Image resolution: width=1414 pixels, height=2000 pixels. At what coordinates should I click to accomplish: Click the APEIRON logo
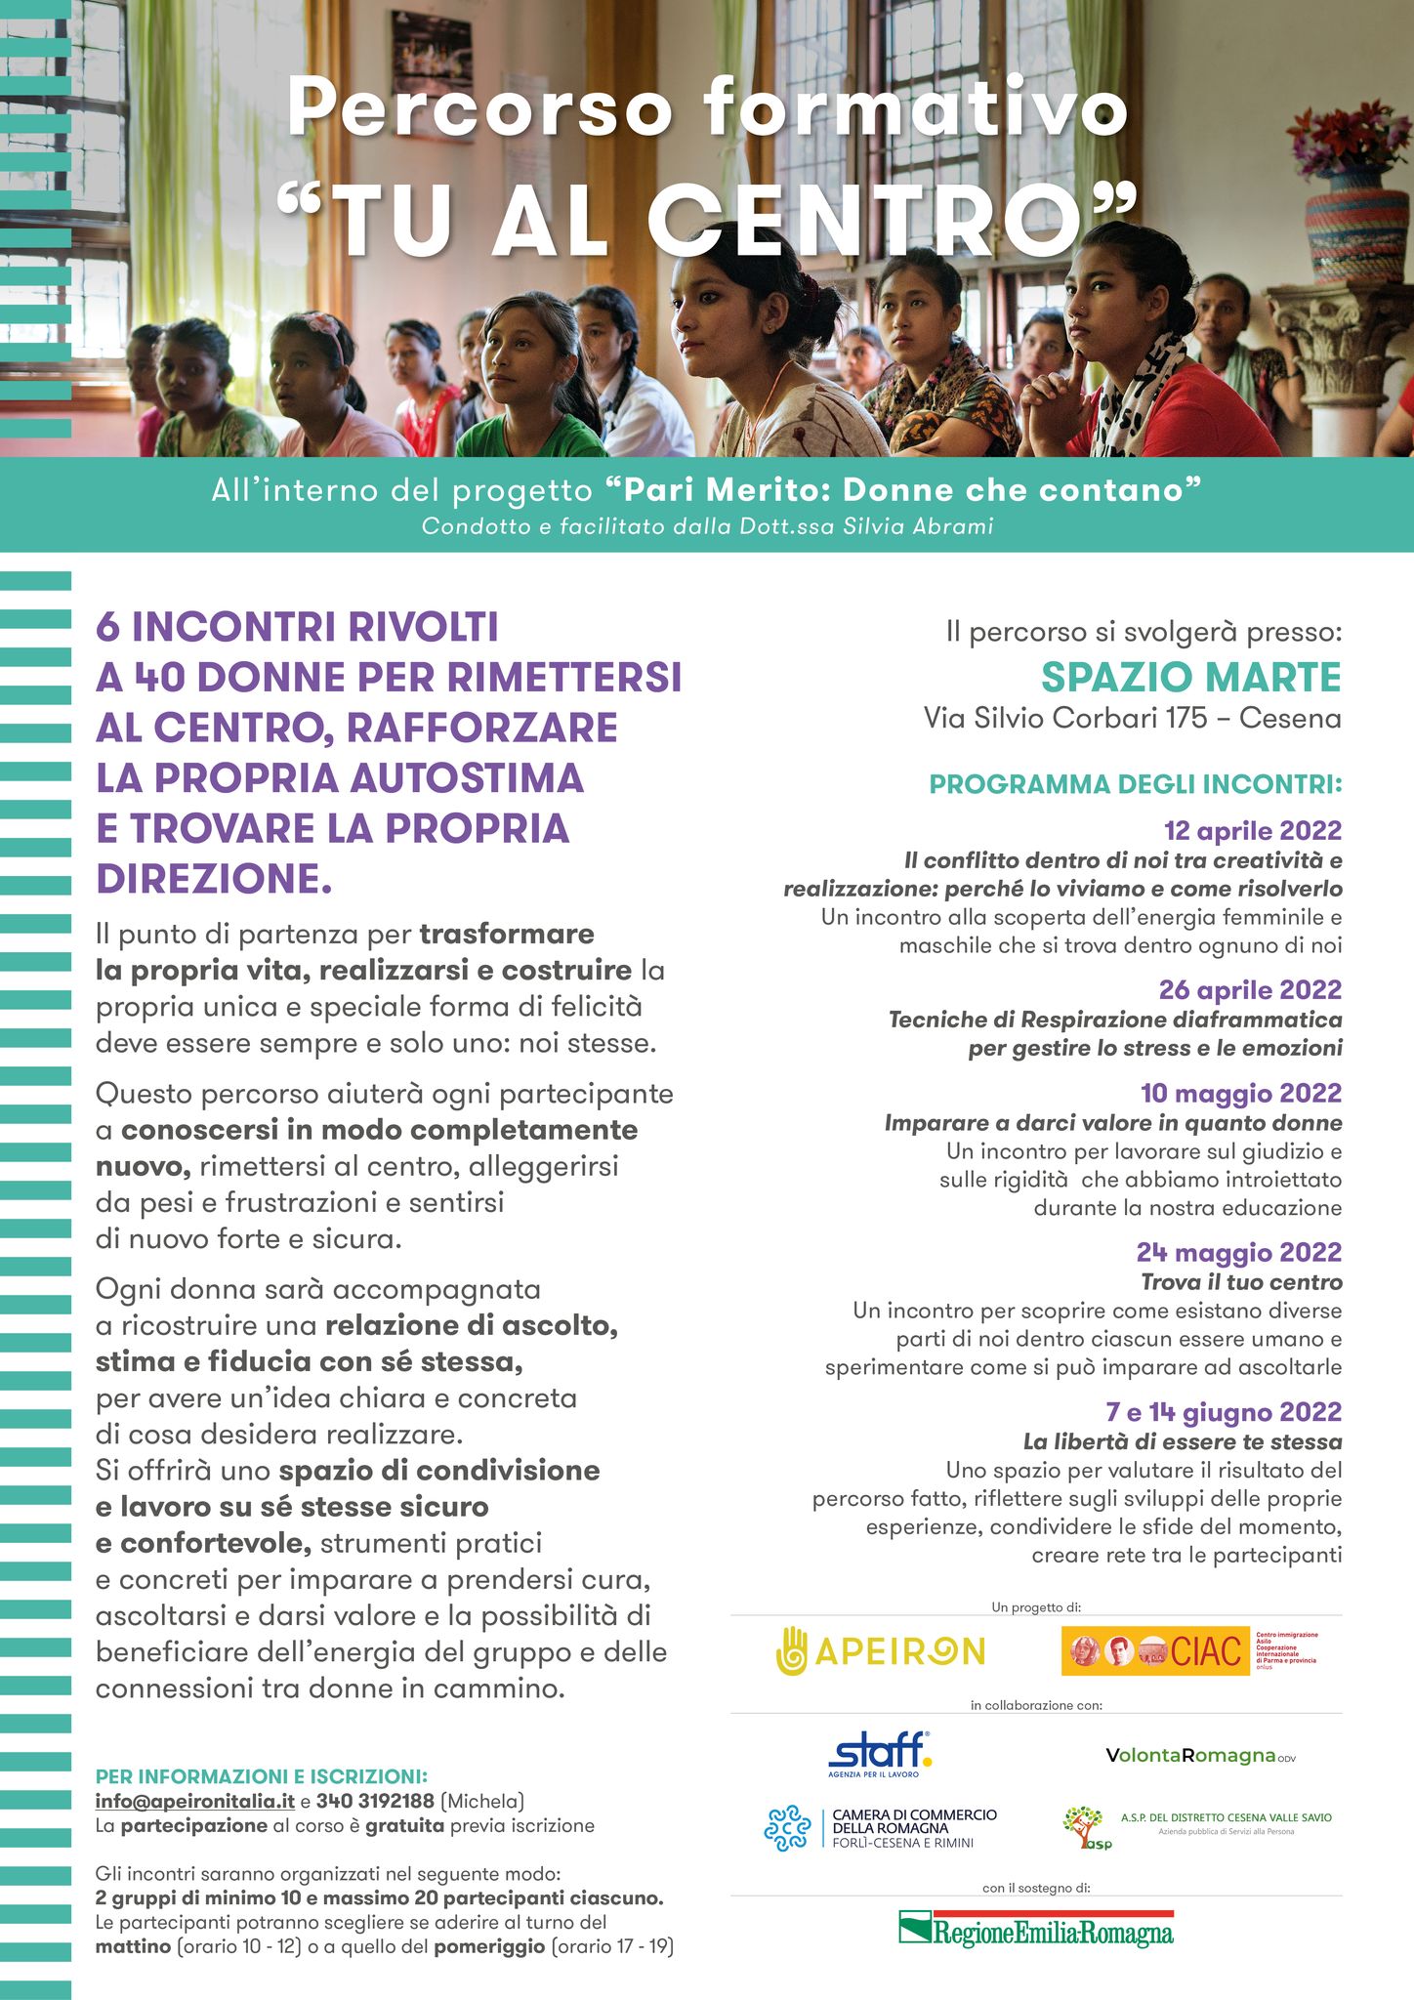pyautogui.click(x=880, y=1650)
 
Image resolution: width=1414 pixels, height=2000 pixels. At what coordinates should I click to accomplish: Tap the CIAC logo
pyautogui.click(x=1156, y=1650)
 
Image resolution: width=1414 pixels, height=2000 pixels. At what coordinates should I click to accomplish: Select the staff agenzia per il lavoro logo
pyautogui.click(x=880, y=1754)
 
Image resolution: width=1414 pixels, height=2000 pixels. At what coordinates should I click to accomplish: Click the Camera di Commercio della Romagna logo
pyautogui.click(x=880, y=1828)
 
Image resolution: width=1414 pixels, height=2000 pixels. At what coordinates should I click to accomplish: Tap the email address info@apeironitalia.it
pyautogui.click(x=194, y=1801)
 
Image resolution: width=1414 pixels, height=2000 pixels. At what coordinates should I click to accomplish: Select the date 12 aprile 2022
pyautogui.click(x=1252, y=831)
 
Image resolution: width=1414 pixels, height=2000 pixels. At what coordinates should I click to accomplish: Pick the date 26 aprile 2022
pyautogui.click(x=1250, y=990)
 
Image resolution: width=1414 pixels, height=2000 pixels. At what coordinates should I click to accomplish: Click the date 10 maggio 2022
pyautogui.click(x=1240, y=1093)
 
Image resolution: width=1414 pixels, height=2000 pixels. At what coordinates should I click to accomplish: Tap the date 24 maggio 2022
pyautogui.click(x=1238, y=1252)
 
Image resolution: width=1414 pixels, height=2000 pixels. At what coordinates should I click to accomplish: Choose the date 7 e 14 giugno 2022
pyautogui.click(x=1223, y=1412)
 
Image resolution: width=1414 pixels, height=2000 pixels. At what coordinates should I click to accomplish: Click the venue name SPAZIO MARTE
pyautogui.click(x=1190, y=677)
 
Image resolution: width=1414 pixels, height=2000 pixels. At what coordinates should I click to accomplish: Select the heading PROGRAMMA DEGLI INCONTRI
pyautogui.click(x=1135, y=784)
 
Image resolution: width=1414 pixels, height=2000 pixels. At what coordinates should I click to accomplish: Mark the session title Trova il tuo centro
pyautogui.click(x=1241, y=1282)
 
